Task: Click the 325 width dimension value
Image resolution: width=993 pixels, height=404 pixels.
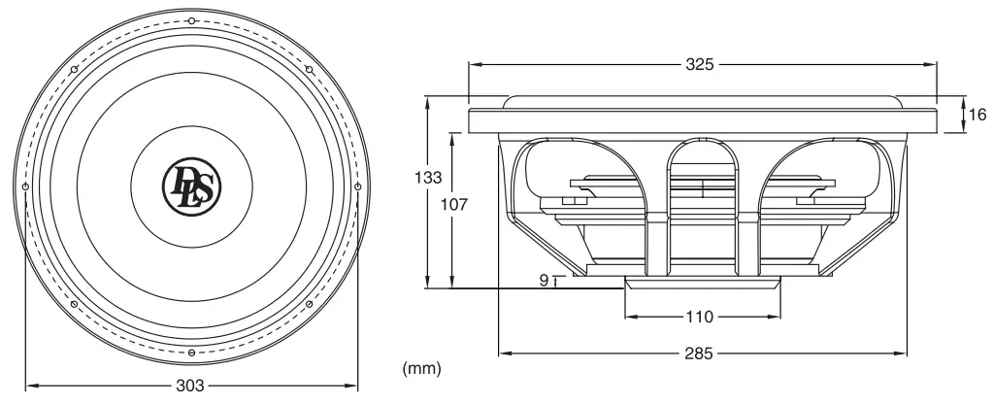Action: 700,65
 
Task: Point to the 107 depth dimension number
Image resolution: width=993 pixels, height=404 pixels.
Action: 454,206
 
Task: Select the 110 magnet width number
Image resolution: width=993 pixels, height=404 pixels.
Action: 701,318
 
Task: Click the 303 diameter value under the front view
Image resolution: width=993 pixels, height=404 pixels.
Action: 191,386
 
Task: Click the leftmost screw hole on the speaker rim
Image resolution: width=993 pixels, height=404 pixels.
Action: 25,186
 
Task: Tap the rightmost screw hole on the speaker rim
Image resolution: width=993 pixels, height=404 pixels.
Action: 357,186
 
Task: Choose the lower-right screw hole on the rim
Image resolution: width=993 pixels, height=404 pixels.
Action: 309,304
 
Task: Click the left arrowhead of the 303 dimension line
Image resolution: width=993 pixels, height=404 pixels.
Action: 26,386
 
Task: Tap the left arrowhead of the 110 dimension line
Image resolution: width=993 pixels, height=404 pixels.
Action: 628,318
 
